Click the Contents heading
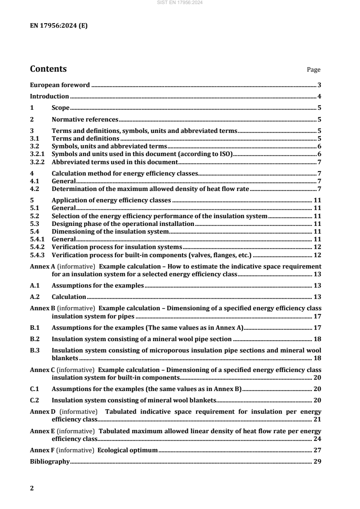coord(48,69)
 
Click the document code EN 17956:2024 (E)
coord(59,25)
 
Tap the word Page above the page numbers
coord(314,70)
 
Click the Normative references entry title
coord(85,120)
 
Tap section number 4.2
coord(35,188)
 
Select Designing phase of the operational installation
coord(123,224)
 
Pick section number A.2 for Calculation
coord(35,297)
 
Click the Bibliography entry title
coord(49,461)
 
